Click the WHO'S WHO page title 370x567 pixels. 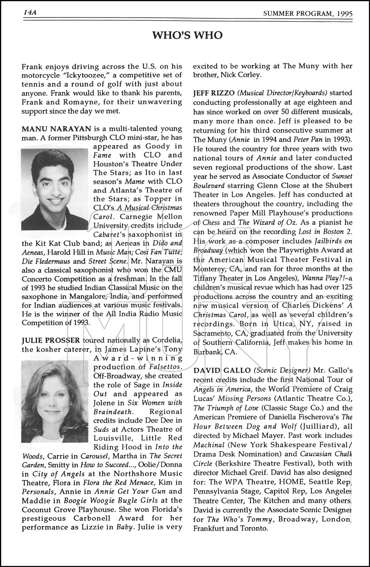click(187, 35)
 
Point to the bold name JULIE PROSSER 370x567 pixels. click(51, 340)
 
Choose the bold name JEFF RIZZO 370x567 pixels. click(214, 93)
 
